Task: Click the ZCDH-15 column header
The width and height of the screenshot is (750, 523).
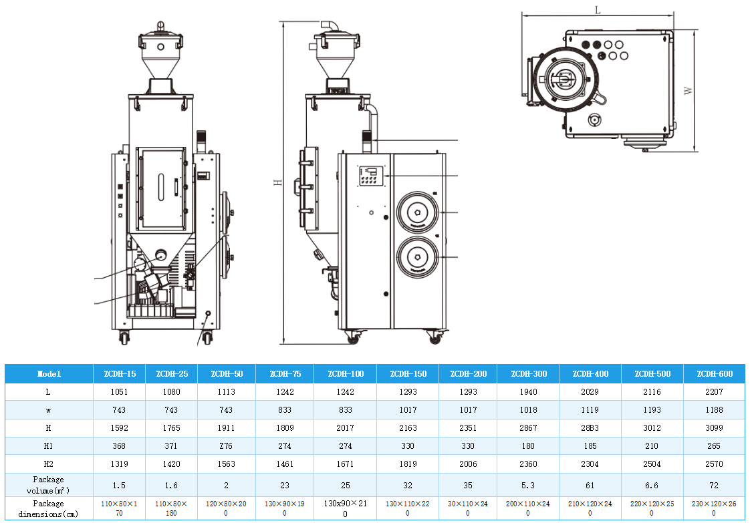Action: pos(120,373)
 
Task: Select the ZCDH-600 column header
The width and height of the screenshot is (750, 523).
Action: pos(715,373)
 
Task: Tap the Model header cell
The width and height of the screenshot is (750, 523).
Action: pos(49,373)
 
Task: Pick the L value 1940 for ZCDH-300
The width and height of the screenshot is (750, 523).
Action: pos(528,391)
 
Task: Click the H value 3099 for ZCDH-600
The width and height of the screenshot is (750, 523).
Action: pos(715,427)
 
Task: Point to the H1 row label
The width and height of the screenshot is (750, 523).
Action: pos(49,446)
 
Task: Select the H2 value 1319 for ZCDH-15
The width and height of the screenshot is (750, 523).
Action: pos(120,464)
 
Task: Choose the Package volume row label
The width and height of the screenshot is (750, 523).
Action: pos(49,485)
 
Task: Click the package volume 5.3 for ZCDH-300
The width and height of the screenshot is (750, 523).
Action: pos(528,485)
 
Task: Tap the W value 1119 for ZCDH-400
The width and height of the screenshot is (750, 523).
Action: pos(590,409)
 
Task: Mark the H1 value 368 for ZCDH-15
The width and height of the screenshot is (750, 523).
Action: pos(120,446)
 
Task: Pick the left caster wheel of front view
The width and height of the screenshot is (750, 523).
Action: pos(124,337)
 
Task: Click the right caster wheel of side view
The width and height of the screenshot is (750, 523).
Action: pos(435,339)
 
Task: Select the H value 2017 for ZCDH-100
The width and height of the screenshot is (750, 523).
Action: pos(345,427)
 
